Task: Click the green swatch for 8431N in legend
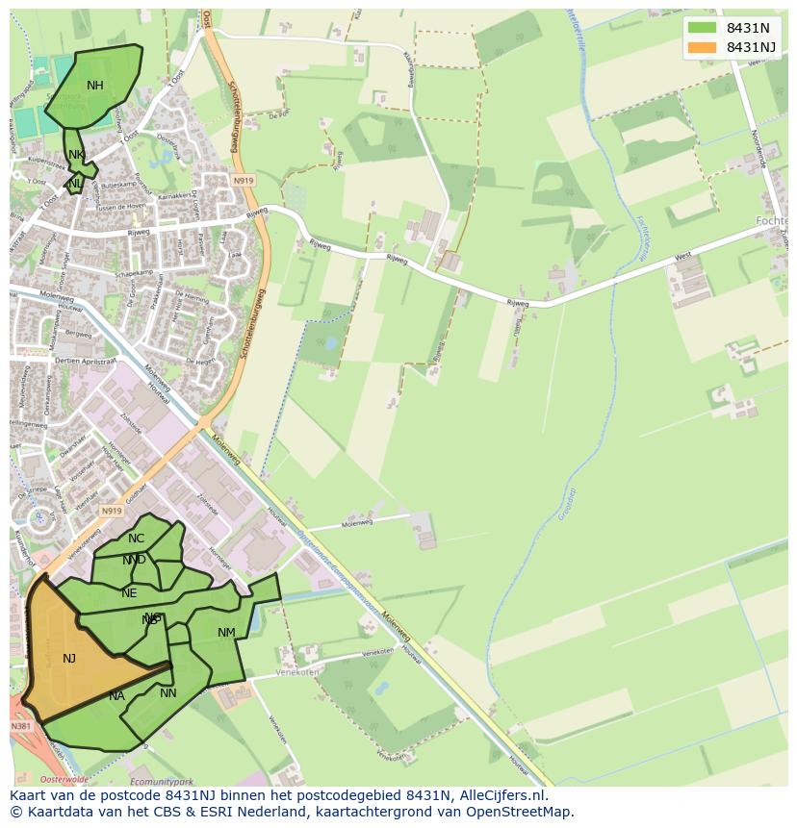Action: pos(703,27)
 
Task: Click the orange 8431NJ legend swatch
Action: pos(703,47)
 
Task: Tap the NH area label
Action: pos(94,86)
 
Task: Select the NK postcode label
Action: pos(76,155)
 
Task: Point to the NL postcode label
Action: pos(74,183)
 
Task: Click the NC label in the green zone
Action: pos(137,539)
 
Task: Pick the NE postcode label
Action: pos(129,593)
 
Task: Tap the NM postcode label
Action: pos(226,633)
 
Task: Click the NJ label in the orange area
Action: pos(69,659)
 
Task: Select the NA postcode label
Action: pos(116,696)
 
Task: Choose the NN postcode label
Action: pos(168,693)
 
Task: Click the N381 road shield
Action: pos(22,726)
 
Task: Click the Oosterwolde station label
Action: pos(63,779)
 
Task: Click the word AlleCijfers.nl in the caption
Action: pos(503,796)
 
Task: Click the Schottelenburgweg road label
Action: pos(232,115)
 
